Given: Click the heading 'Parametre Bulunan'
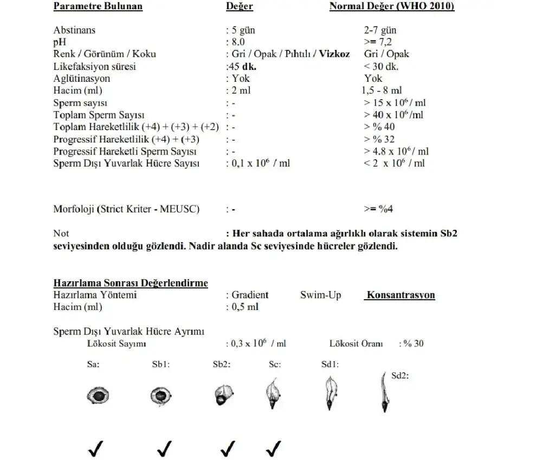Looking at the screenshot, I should (98, 7).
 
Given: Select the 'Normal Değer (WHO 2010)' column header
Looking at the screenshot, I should (392, 7).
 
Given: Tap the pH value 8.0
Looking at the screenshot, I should (238, 42).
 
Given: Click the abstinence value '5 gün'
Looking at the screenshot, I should (243, 30).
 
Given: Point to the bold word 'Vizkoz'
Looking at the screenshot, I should (334, 54).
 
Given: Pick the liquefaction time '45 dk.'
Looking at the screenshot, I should (242, 67).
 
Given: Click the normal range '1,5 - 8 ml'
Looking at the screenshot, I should (382, 90).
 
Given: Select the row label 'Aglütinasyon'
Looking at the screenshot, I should (82, 79).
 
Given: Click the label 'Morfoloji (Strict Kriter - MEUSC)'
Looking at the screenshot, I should (126, 209).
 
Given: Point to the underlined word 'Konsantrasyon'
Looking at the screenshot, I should (401, 295).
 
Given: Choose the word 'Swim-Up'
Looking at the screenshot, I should (320, 295).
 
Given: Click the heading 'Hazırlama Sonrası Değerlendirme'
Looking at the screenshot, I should (131, 283).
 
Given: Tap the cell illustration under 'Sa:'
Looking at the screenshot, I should (99, 396).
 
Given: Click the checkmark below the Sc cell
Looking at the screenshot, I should (274, 448).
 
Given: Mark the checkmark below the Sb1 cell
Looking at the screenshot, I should (164, 448).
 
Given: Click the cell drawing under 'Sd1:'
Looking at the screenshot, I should (329, 393).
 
